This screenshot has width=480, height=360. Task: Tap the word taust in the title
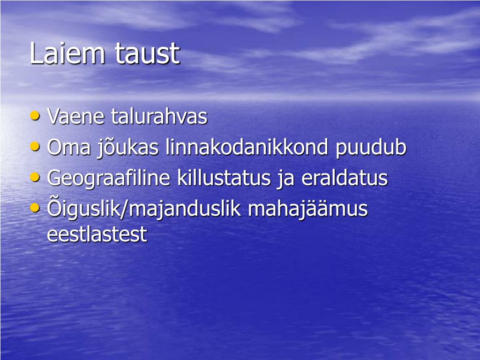click(x=147, y=54)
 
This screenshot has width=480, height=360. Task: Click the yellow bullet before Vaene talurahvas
click(x=35, y=115)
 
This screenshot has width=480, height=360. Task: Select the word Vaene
click(x=76, y=117)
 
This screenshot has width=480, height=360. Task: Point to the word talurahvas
click(x=159, y=117)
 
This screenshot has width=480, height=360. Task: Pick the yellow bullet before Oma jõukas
click(x=35, y=146)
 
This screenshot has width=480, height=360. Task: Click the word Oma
click(x=67, y=148)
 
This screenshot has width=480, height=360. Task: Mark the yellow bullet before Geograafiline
click(x=35, y=177)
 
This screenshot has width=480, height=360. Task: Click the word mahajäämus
click(x=308, y=210)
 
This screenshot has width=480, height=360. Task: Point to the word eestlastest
click(x=97, y=234)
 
